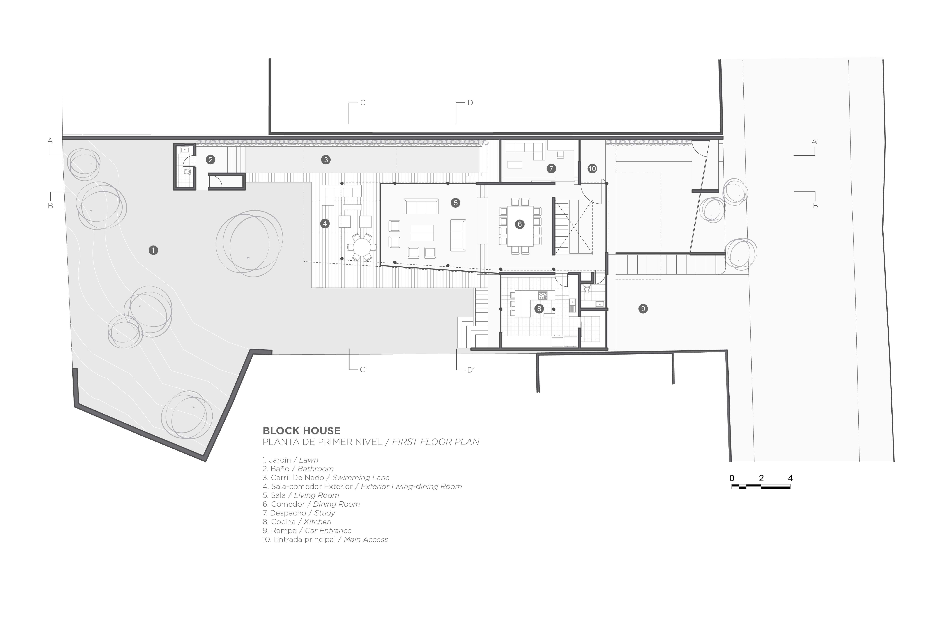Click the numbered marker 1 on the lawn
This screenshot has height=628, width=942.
coord(153,250)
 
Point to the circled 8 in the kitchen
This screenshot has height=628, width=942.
coord(539,308)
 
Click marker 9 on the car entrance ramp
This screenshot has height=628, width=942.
coord(643,308)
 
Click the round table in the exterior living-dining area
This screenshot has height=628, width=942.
coord(362,247)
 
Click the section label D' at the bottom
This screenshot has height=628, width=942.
coord(471,370)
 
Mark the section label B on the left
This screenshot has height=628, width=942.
coord(50,206)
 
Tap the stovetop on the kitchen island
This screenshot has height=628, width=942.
coord(543,296)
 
